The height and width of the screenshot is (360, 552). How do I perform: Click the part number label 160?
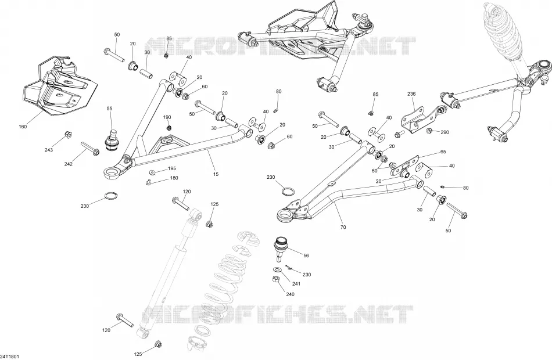coord(23,127)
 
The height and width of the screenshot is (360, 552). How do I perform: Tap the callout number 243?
coord(49,150)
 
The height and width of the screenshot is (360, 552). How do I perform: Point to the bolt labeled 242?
coord(90,149)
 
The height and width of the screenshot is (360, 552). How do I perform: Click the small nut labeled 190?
coord(169,127)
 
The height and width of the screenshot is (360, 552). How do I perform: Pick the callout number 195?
coord(172,168)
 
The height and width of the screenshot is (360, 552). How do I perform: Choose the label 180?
coord(174,178)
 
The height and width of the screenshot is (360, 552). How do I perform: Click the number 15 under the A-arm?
coord(216,174)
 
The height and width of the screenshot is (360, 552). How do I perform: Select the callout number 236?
coord(411,94)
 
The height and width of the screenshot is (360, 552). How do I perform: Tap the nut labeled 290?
coord(429,131)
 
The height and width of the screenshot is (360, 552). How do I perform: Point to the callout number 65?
coord(443,152)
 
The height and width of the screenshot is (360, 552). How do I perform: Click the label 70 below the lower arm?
coord(343,228)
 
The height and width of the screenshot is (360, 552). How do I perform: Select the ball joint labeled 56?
coord(281,249)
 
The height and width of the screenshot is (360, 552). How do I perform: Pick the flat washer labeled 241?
coord(277,269)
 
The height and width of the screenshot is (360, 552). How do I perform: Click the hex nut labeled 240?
coord(277,279)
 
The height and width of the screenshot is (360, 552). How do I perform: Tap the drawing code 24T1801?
coord(9,357)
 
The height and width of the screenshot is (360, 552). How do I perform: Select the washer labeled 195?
coord(152,172)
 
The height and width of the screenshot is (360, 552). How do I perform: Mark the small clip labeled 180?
coord(148,182)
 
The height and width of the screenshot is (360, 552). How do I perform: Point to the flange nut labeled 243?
coord(68,135)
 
